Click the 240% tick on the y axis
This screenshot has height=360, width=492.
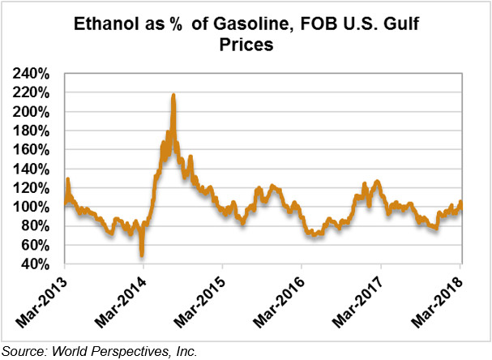[34, 74]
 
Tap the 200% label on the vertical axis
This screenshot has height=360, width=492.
[34, 112]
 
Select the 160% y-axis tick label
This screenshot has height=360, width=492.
[34, 150]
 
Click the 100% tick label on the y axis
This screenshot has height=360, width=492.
[34, 207]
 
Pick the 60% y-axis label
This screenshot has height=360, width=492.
[37, 245]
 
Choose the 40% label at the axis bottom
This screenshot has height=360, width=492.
[37, 264]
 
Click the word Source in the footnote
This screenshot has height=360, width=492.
[24, 351]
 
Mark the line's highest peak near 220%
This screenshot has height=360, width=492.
[173, 96]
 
